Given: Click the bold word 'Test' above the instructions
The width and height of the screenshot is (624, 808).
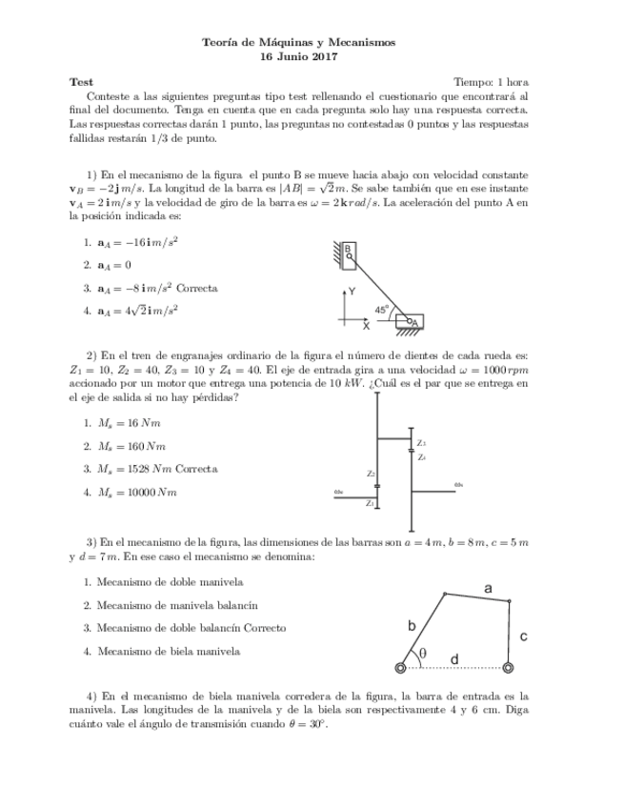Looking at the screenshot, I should tap(82, 82).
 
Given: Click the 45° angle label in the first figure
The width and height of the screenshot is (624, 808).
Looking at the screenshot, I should tap(381, 309).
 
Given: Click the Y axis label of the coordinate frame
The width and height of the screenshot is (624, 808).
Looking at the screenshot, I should tap(352, 291).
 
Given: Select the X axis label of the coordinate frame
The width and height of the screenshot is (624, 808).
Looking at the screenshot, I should tap(366, 326).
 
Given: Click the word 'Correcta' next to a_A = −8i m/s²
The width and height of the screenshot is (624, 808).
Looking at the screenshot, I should tap(197, 287).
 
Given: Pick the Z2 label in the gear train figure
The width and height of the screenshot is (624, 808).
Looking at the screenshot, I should tap(371, 473).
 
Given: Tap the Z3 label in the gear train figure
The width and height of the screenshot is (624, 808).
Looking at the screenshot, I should tap(421, 443).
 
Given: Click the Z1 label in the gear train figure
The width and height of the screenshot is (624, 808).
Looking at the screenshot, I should tap(370, 501).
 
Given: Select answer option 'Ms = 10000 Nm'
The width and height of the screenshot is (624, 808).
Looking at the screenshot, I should tap(137, 492).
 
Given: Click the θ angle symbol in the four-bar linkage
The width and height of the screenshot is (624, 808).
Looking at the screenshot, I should tap(422, 653).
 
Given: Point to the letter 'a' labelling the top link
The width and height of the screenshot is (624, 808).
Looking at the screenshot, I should tap(488, 589).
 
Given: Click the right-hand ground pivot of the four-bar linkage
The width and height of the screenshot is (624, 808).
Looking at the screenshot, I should tap(509, 667).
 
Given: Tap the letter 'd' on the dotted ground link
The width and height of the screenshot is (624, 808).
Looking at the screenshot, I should tap(453, 658).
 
